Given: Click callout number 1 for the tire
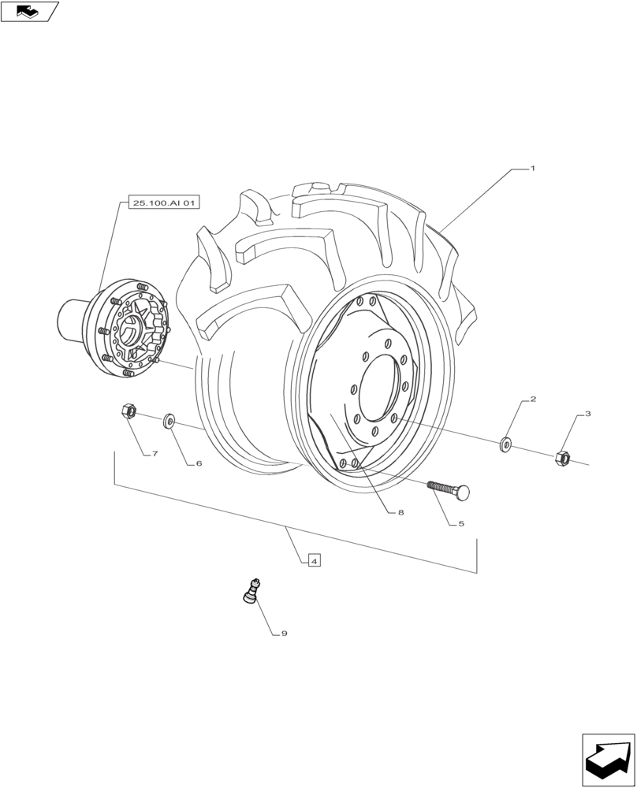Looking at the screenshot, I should click(x=533, y=169).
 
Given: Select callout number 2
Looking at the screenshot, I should click(x=533, y=400).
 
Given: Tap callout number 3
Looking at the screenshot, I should click(x=587, y=414).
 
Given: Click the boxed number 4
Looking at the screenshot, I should click(x=314, y=561).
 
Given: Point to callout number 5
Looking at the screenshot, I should click(x=460, y=523).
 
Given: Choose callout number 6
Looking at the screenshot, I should click(x=199, y=463).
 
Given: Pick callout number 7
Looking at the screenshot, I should click(x=155, y=455).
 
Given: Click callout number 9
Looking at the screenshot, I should click(x=284, y=633).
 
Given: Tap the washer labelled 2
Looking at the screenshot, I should click(x=506, y=445).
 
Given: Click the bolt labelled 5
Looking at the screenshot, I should click(x=449, y=490).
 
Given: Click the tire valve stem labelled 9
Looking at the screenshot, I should click(x=251, y=591).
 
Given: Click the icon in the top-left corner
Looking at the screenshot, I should click(x=29, y=11).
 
